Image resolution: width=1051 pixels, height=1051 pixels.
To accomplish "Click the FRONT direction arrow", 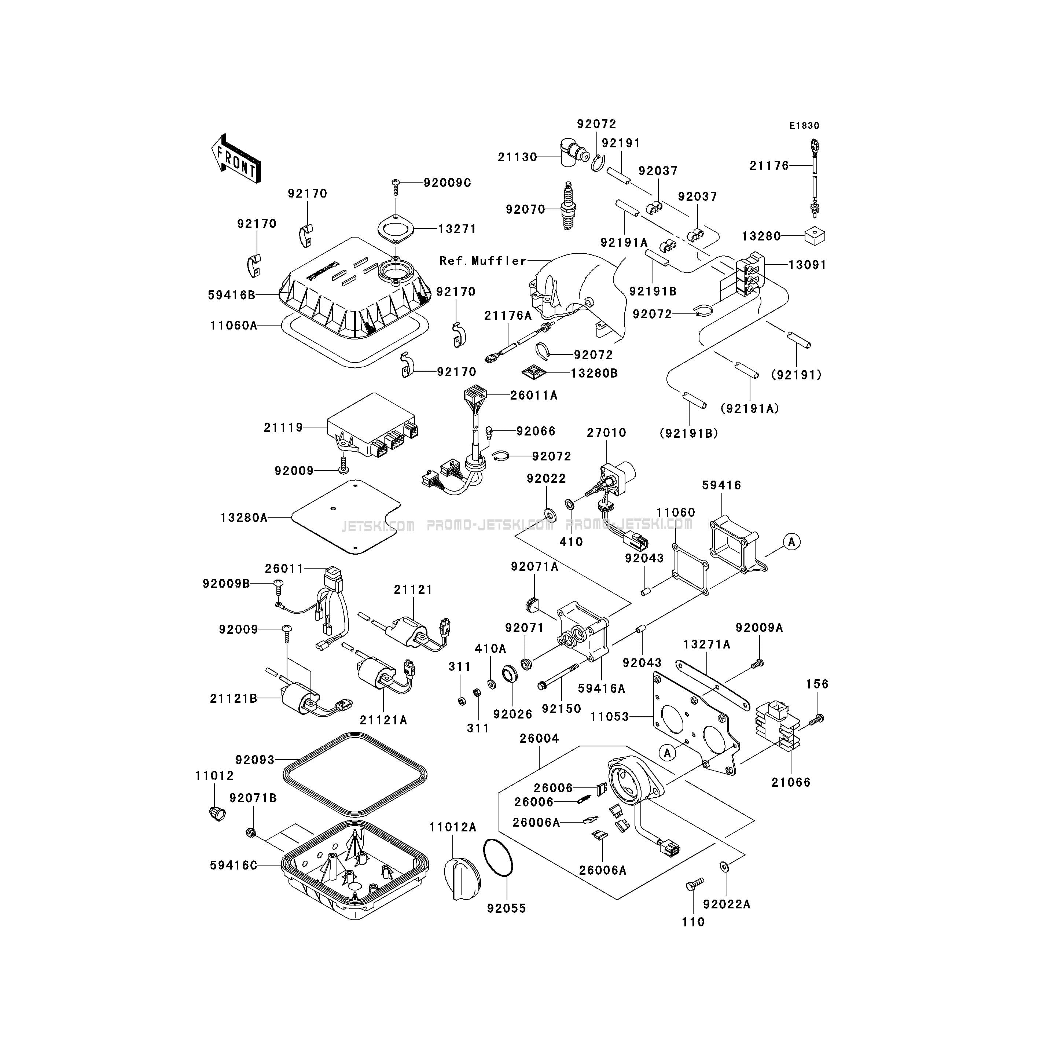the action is click(x=236, y=158).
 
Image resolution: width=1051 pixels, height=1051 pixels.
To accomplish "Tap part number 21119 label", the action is click(x=283, y=427).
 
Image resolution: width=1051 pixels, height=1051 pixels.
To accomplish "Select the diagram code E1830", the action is click(x=805, y=126).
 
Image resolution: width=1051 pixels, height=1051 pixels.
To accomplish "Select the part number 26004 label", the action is click(x=539, y=738).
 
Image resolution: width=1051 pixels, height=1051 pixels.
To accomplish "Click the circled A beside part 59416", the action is click(x=792, y=542).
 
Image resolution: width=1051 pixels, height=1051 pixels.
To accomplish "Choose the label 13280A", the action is click(x=244, y=517).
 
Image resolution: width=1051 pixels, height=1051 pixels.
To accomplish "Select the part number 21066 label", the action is click(x=791, y=782).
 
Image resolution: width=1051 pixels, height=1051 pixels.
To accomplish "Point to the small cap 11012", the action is click(x=217, y=813).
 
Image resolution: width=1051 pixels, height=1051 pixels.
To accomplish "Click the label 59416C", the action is click(x=234, y=865).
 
